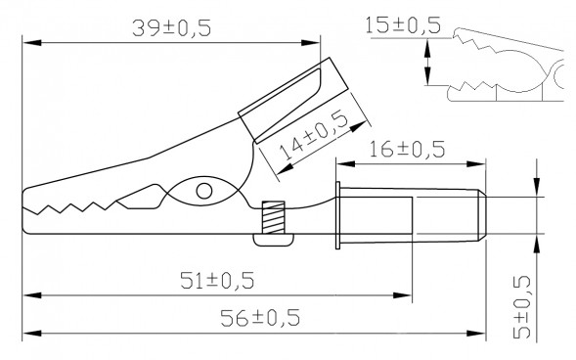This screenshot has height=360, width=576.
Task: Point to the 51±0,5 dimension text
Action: click(x=215, y=281)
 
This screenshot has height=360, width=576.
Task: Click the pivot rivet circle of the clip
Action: click(x=204, y=191)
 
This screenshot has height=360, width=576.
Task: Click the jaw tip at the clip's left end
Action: click(x=26, y=201)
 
